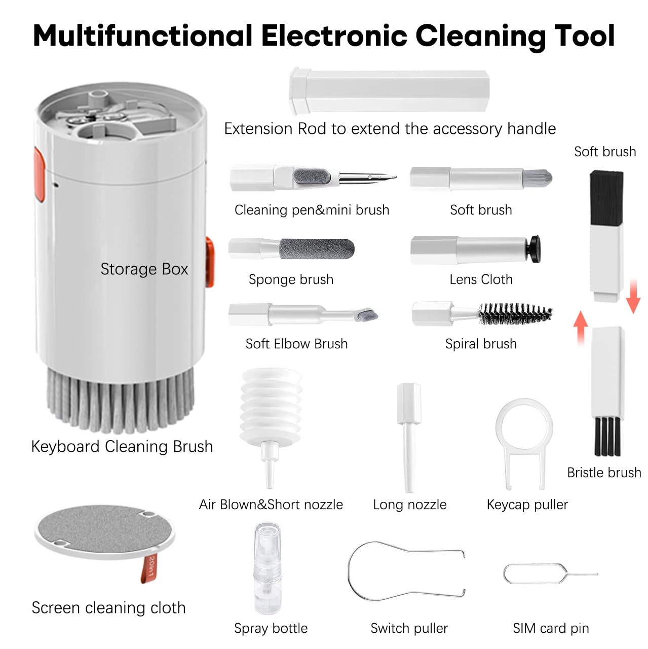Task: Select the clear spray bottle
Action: coord(267,568)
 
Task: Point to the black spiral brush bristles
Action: coord(514,314)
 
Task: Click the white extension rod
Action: coord(389,91)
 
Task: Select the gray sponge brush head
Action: coord(317,249)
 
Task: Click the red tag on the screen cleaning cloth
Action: coord(151,567)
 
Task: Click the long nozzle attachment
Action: coord(409,436)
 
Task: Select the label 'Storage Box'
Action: coord(144,269)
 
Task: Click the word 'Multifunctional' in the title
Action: coord(142,35)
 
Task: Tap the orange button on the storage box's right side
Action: coord(209,262)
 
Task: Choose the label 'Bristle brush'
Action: coord(603,473)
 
